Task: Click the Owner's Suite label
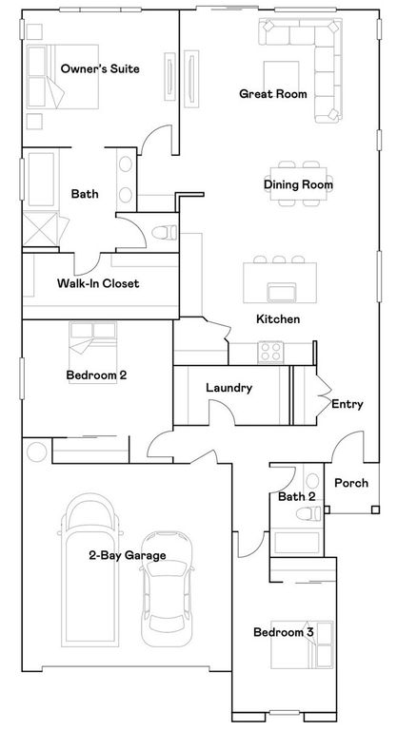click(x=100, y=69)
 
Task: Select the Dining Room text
click(x=298, y=184)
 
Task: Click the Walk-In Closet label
click(x=98, y=283)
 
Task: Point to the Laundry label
click(x=228, y=388)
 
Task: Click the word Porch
click(x=350, y=483)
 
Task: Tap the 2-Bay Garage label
click(x=128, y=556)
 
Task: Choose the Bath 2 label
click(x=297, y=496)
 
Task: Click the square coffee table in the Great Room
click(x=282, y=76)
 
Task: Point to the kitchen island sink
click(x=280, y=292)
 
